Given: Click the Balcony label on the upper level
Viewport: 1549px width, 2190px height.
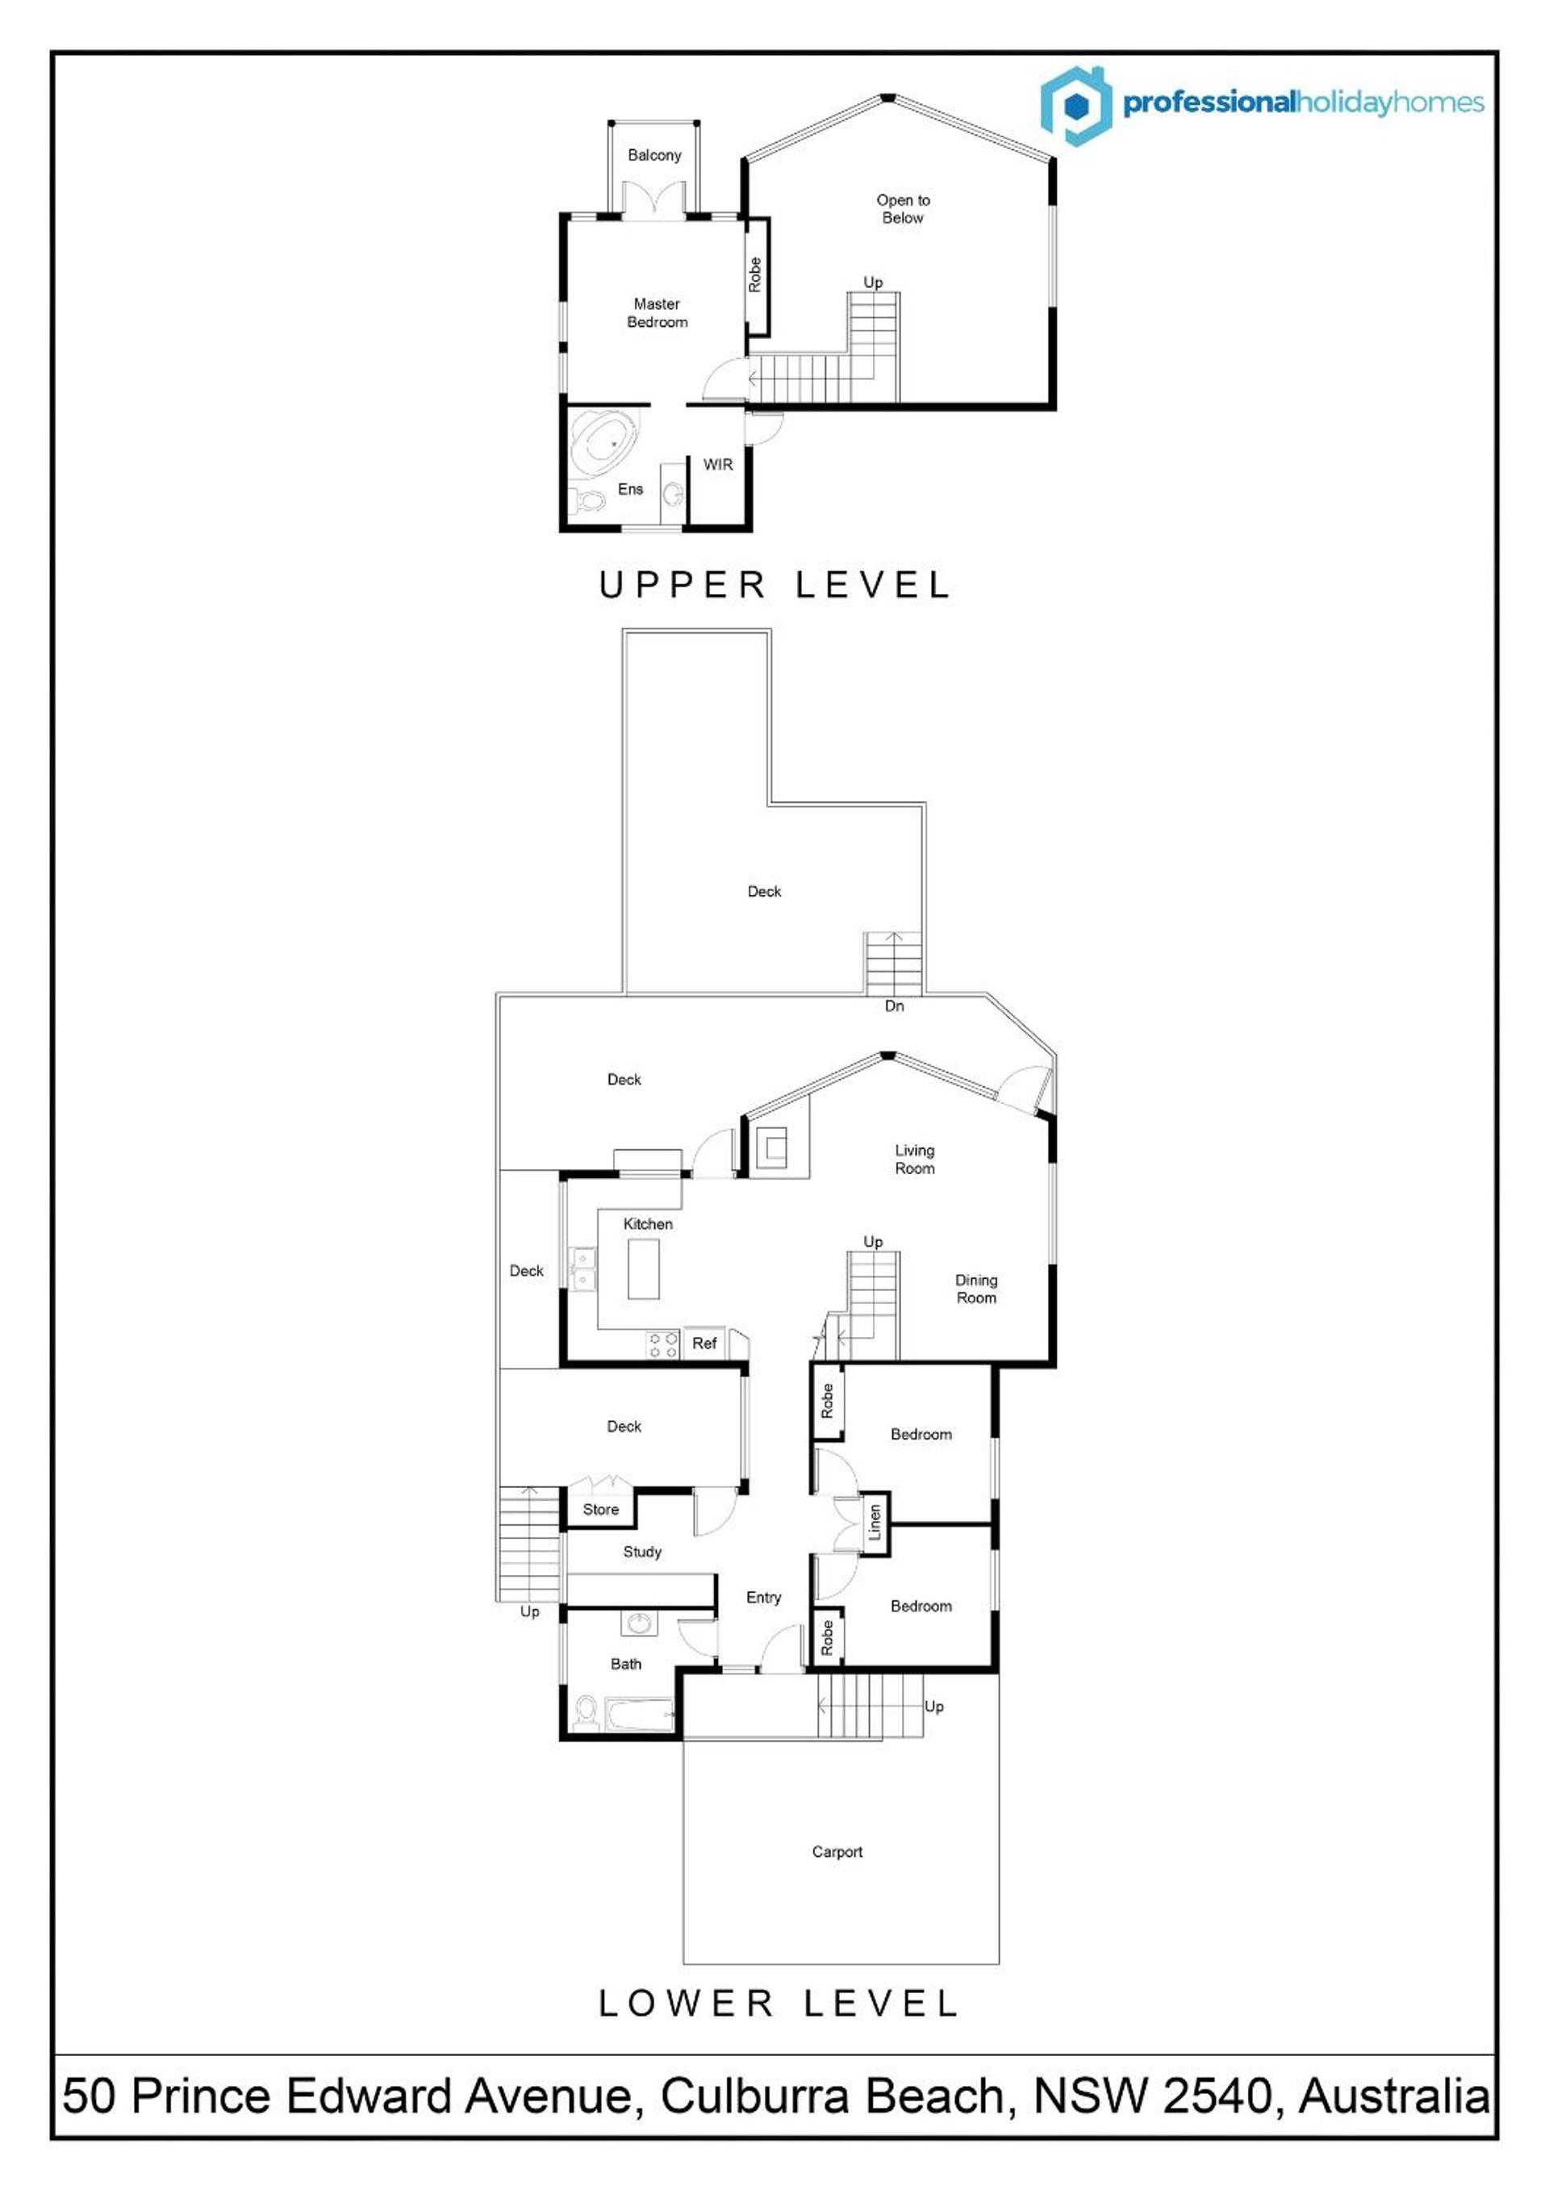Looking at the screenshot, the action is pos(654,156).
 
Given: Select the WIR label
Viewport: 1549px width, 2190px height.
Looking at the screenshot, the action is pos(718,465).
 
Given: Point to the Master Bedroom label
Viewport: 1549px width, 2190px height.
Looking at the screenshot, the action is pos(658,313).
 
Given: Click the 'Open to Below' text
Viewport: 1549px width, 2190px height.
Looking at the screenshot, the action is pos(904,209).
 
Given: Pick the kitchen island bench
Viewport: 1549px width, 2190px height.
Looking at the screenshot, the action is pos(644,1268).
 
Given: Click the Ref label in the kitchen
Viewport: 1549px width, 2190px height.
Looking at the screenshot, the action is pos(704,1343).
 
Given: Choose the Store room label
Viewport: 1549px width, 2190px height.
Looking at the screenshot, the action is pos(601,1509).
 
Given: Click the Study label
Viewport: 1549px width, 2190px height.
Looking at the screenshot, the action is pos(642,1552).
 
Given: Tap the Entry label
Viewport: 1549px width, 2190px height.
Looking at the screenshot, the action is pos(763,1597).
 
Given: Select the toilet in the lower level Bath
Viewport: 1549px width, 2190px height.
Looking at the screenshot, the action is pos(586,1712).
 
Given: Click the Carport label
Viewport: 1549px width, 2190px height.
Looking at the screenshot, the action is pos(837,1851).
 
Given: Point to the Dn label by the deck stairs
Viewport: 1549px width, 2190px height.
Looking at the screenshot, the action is pos(895,1005).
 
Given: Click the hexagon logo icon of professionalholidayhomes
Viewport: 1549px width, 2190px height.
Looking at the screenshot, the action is pos(1076,106).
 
